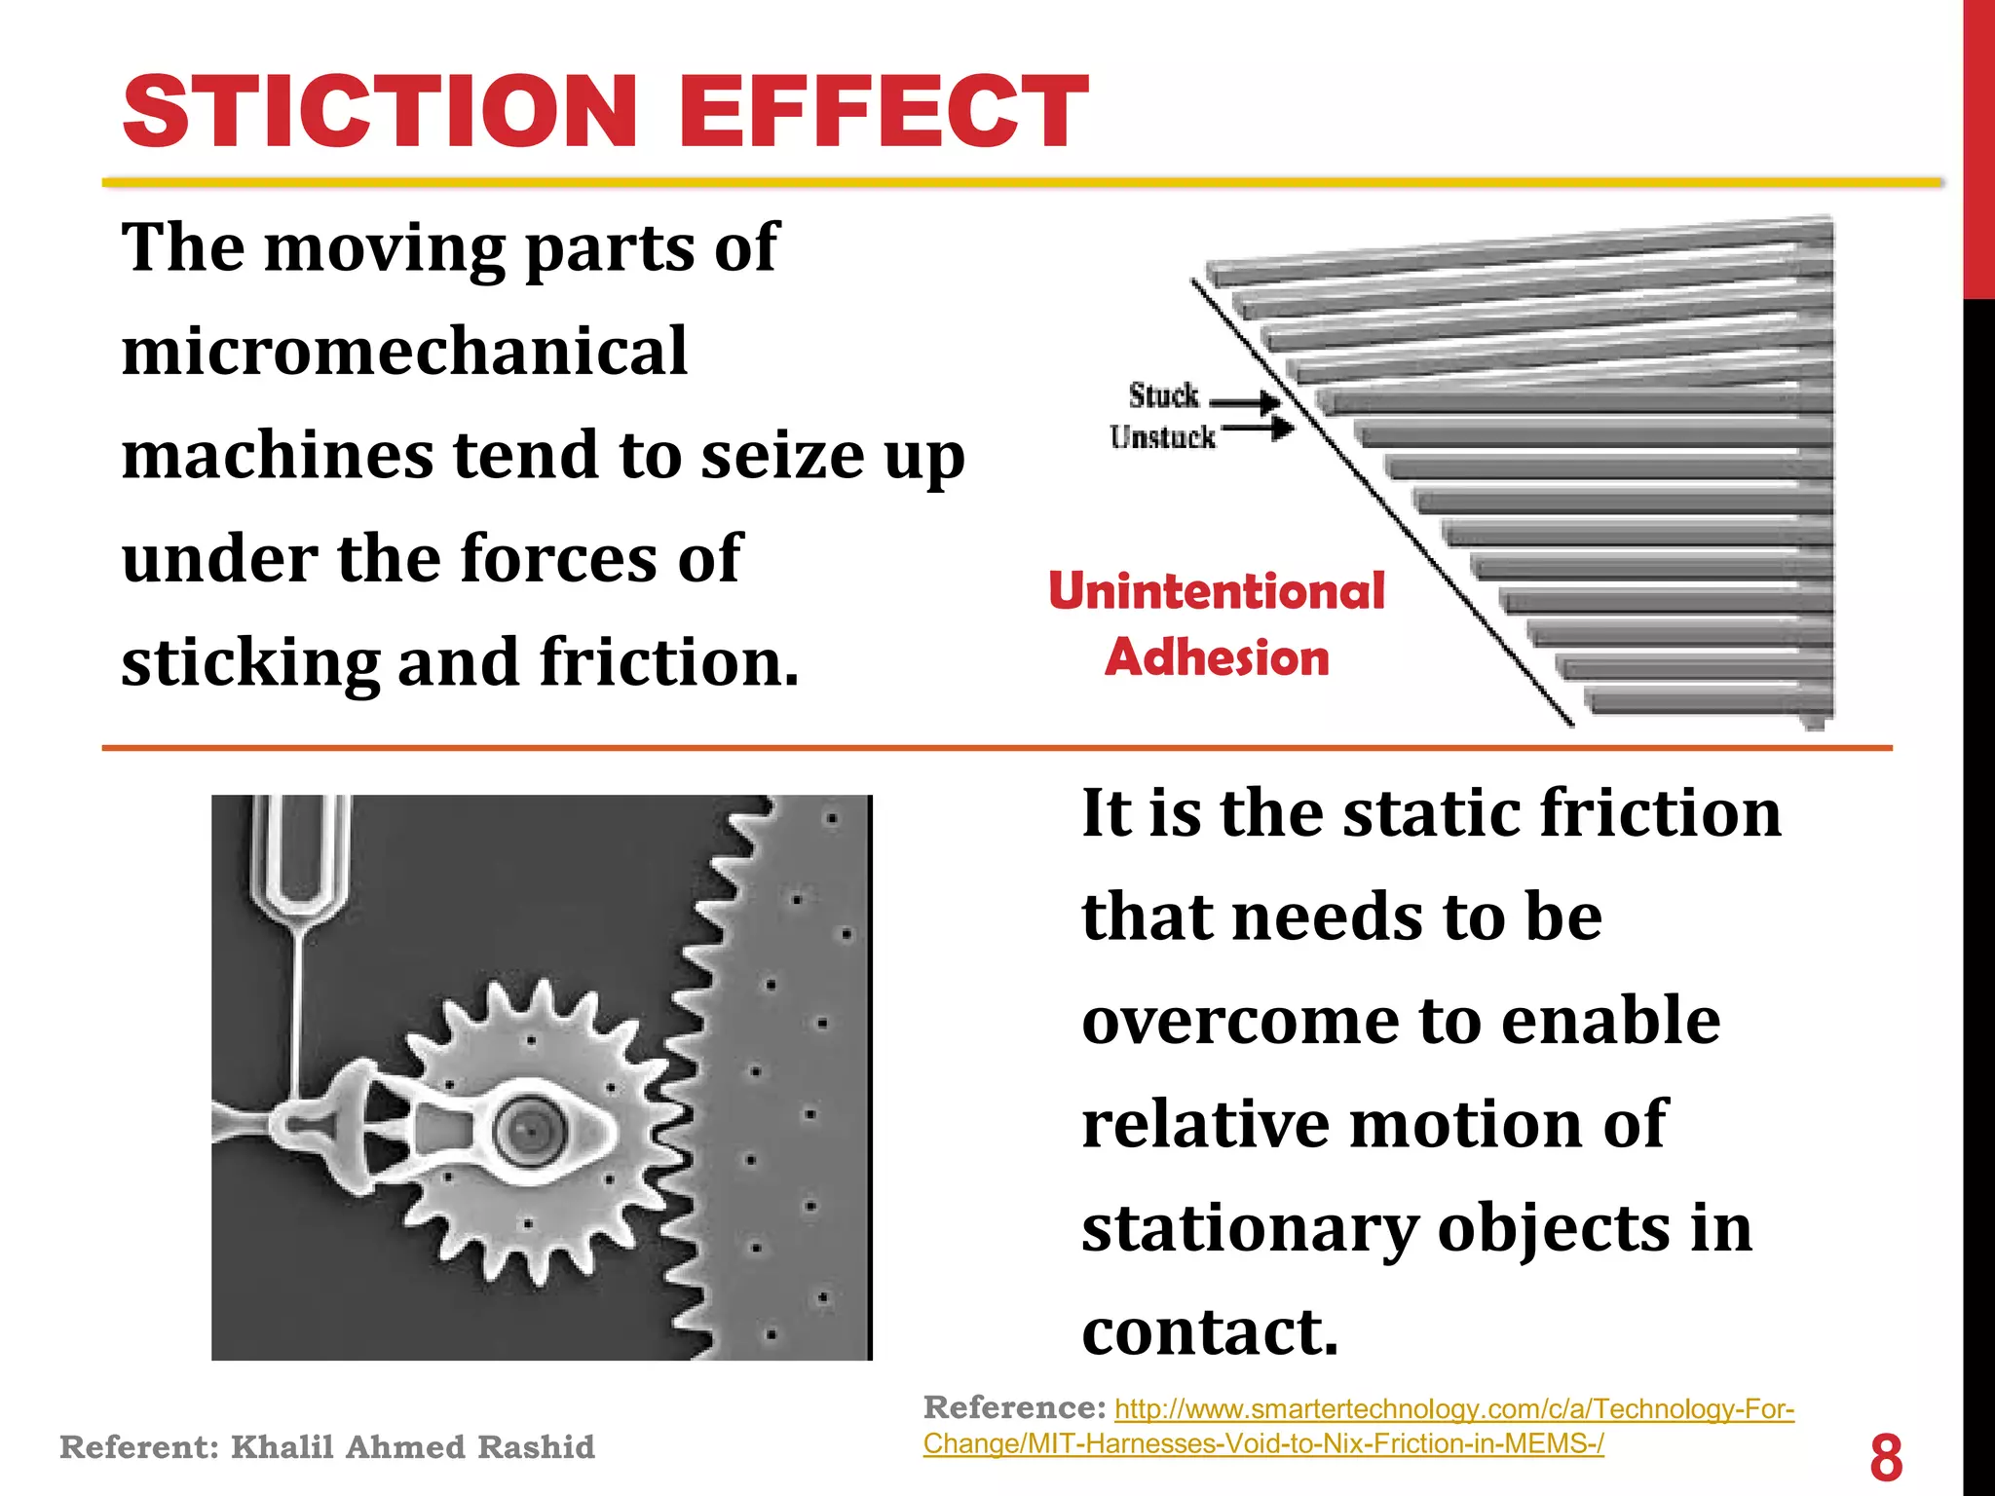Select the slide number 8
1886,1457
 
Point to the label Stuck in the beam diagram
1163,396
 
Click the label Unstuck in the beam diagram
1162,437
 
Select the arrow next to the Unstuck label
1258,427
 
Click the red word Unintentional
1216,591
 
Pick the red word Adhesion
1217,657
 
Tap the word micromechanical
404,351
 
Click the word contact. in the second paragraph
1210,1331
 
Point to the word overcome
1239,1021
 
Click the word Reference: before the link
1014,1407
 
